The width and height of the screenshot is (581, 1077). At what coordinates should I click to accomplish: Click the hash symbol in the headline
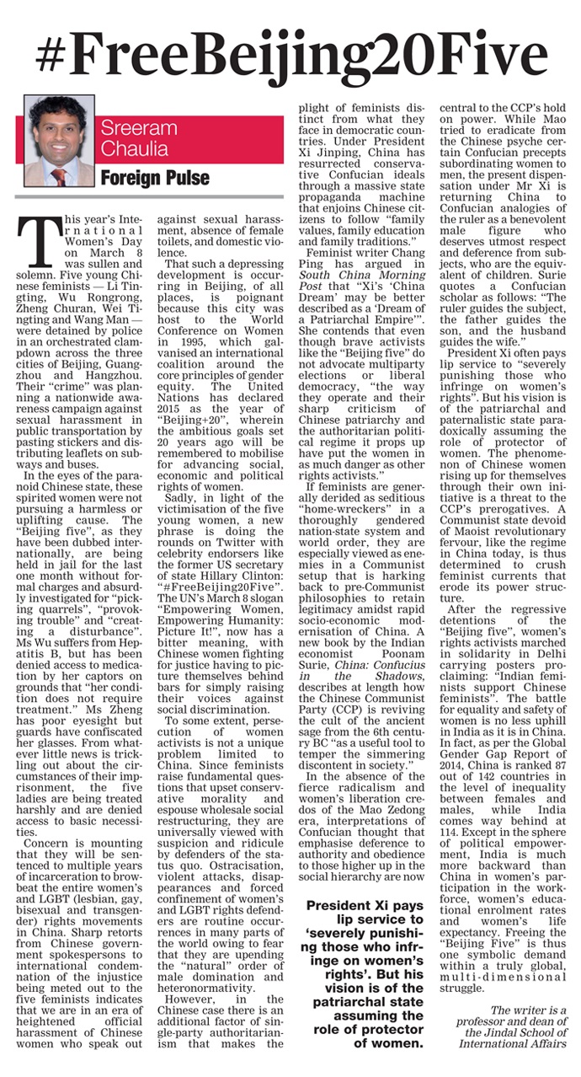pos(57,54)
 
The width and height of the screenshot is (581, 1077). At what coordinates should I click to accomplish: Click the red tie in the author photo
pos(58,176)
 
